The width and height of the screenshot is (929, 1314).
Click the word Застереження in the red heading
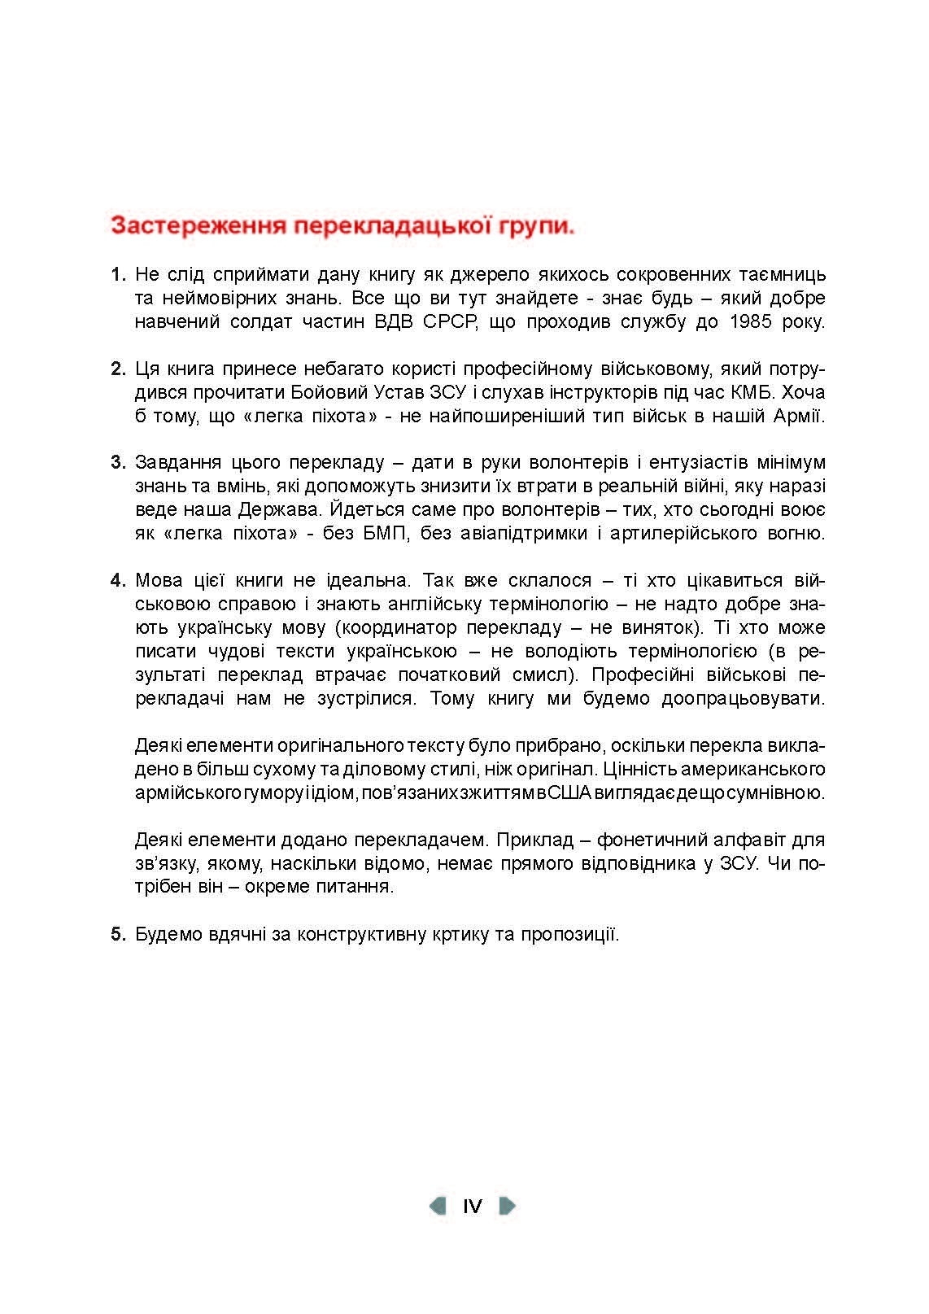tap(196, 225)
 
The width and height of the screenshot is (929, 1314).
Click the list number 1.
tap(118, 274)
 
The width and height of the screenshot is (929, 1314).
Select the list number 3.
tap(118, 463)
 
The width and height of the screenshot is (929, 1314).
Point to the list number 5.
tap(118, 934)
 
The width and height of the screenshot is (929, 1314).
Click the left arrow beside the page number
tap(438, 1206)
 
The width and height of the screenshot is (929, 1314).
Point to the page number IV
tap(473, 1206)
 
